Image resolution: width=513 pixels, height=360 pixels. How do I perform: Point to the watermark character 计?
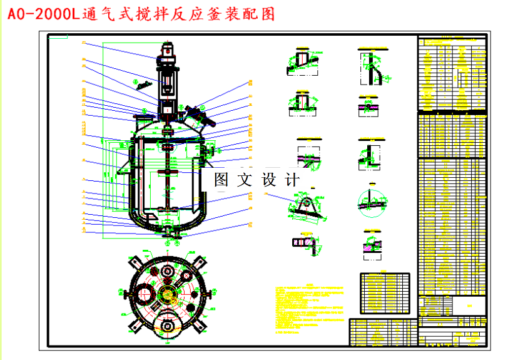[292, 180]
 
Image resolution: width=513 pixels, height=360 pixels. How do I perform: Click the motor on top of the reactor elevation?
[167, 53]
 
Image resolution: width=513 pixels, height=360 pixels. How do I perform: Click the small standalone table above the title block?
[384, 292]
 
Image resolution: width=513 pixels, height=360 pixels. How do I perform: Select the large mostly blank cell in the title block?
[469, 306]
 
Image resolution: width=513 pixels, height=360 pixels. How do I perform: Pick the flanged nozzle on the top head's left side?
[142, 117]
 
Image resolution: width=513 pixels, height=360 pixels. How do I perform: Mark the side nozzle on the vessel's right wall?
[207, 150]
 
